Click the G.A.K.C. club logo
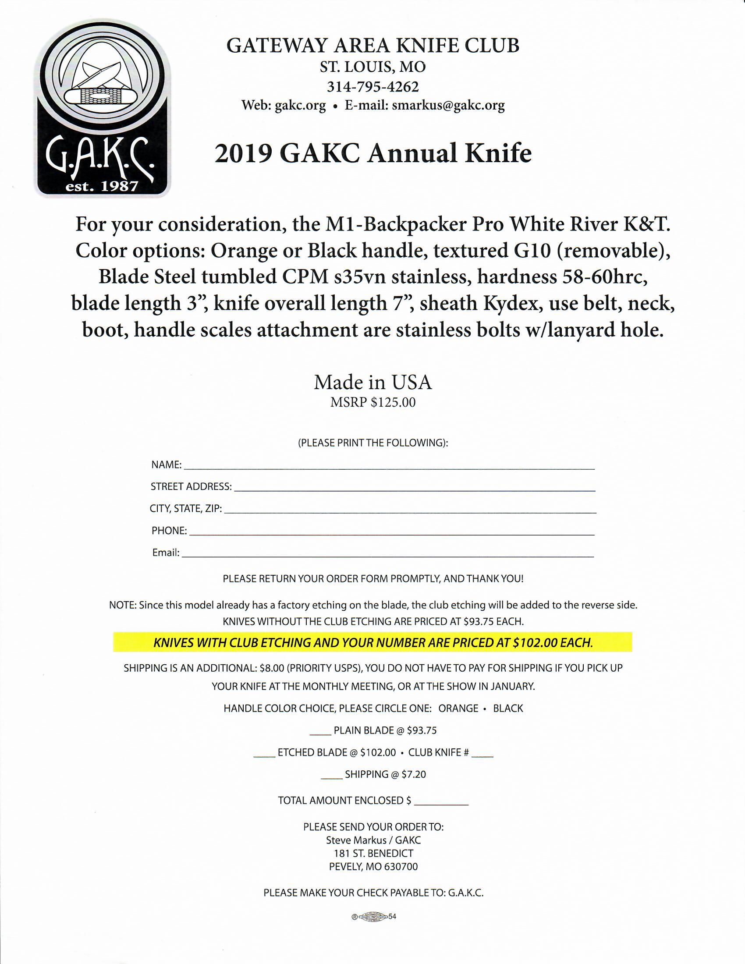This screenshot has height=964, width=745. (x=103, y=108)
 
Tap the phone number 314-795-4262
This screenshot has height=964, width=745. (x=372, y=86)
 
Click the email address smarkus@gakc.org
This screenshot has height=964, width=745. (x=448, y=106)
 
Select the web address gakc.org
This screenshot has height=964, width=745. (x=300, y=106)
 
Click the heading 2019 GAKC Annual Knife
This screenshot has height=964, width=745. (x=373, y=154)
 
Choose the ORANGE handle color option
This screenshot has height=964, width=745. (x=458, y=709)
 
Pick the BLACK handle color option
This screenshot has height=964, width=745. (x=508, y=709)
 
